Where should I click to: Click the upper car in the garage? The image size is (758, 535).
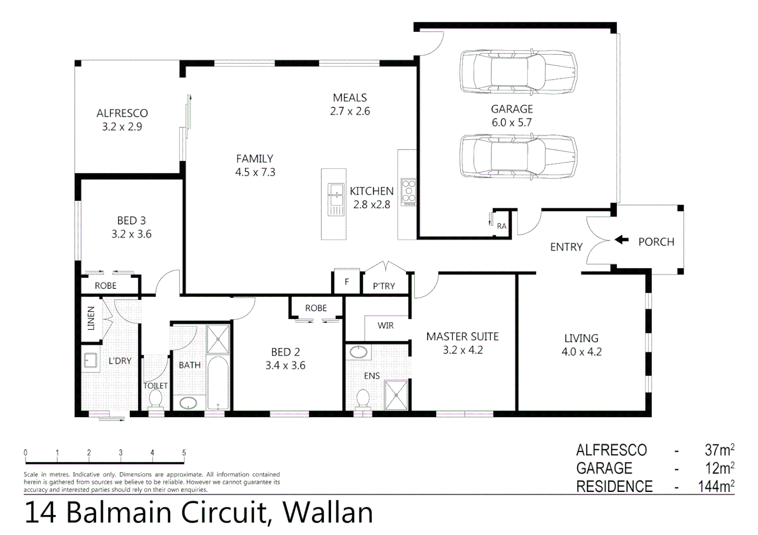click(518, 71)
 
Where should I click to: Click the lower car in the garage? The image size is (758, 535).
click(518, 156)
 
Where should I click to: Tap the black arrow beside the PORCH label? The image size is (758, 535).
click(622, 240)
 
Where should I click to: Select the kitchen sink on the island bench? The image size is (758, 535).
click(336, 194)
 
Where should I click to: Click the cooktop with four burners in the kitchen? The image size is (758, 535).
click(408, 192)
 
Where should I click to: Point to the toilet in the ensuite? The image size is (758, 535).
click(363, 398)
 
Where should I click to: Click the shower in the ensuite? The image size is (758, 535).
click(396, 395)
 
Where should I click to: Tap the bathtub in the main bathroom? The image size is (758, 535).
click(218, 381)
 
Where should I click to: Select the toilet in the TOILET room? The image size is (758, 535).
click(156, 399)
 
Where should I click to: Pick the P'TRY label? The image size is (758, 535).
click(384, 286)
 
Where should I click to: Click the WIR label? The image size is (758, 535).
click(385, 325)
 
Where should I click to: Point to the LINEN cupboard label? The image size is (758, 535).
click(91, 319)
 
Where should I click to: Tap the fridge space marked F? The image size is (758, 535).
click(347, 282)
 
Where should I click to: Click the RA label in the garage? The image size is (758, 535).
click(502, 226)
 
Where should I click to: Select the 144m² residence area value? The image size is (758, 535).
click(716, 486)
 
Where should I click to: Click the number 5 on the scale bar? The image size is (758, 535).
click(184, 453)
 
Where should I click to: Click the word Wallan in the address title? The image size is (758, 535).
click(328, 513)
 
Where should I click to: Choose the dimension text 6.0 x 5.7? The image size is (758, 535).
click(512, 122)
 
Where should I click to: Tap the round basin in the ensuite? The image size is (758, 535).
click(358, 352)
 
